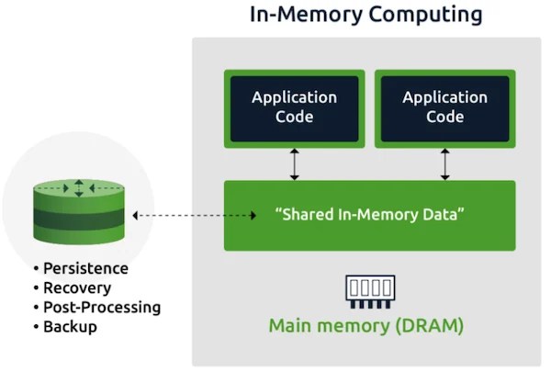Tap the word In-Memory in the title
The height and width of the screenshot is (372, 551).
[x=306, y=14]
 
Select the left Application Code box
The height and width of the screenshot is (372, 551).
[x=295, y=108]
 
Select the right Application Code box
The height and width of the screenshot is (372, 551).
[x=444, y=108]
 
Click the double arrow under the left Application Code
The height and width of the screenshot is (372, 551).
[x=295, y=164]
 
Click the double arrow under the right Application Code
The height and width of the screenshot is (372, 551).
[x=444, y=164]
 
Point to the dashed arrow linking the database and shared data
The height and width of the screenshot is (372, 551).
[x=195, y=216]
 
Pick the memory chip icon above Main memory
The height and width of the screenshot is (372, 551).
[x=370, y=292]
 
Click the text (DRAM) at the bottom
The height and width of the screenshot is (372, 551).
[x=430, y=326]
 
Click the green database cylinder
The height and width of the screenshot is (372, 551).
[x=79, y=211]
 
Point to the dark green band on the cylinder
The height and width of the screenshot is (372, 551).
[x=79, y=219]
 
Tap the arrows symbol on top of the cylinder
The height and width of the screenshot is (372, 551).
[x=79, y=188]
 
